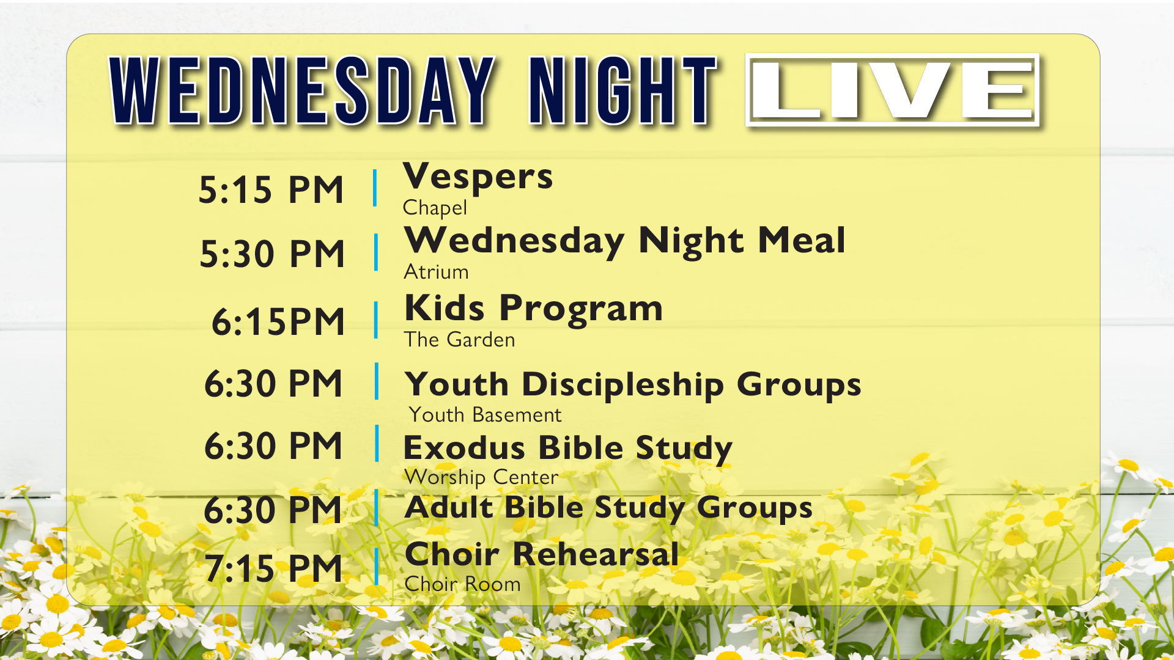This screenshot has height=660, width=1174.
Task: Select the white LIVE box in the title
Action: [892, 90]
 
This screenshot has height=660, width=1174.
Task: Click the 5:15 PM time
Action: [271, 189]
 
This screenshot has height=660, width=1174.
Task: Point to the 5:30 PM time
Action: [273, 254]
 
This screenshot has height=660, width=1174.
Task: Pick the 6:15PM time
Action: [278, 321]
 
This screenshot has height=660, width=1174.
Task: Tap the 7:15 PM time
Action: [273, 568]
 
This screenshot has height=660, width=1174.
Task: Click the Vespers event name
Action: [478, 177]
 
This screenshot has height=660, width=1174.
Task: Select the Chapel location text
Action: [435, 208]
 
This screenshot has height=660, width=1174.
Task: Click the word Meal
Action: [802, 240]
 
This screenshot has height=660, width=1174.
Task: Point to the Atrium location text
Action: [436, 272]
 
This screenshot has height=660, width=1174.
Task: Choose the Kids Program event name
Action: [533, 308]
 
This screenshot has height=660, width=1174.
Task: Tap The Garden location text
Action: [459, 340]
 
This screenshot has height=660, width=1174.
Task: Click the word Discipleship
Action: [622, 385]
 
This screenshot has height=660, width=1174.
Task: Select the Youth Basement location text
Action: [485, 415]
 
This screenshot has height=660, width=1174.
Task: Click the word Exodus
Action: [464, 448]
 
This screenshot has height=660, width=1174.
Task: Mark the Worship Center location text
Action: [481, 477]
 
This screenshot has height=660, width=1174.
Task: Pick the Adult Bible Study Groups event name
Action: [608, 508]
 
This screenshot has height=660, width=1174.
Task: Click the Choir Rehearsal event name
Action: [542, 554]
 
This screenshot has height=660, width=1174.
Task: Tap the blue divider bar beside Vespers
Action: [375, 188]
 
